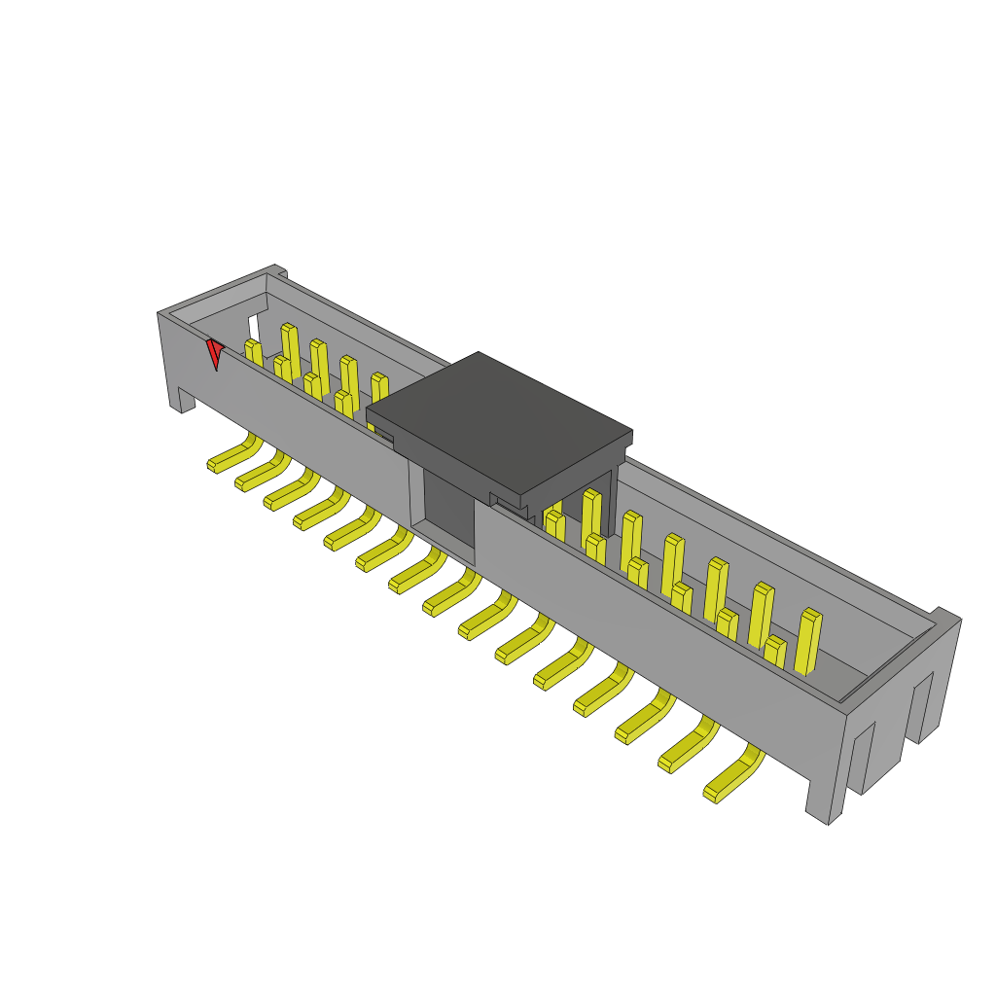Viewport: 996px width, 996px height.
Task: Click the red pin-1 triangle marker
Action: (x=214, y=352)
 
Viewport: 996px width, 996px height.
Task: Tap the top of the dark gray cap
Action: (x=499, y=420)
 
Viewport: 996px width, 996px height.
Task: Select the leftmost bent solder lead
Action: (x=233, y=456)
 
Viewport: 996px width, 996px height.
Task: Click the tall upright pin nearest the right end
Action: (x=807, y=641)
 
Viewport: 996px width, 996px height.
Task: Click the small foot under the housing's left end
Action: (x=182, y=400)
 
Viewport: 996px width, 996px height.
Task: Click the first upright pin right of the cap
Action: (x=553, y=525)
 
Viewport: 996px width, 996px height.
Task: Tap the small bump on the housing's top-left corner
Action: (x=277, y=271)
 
